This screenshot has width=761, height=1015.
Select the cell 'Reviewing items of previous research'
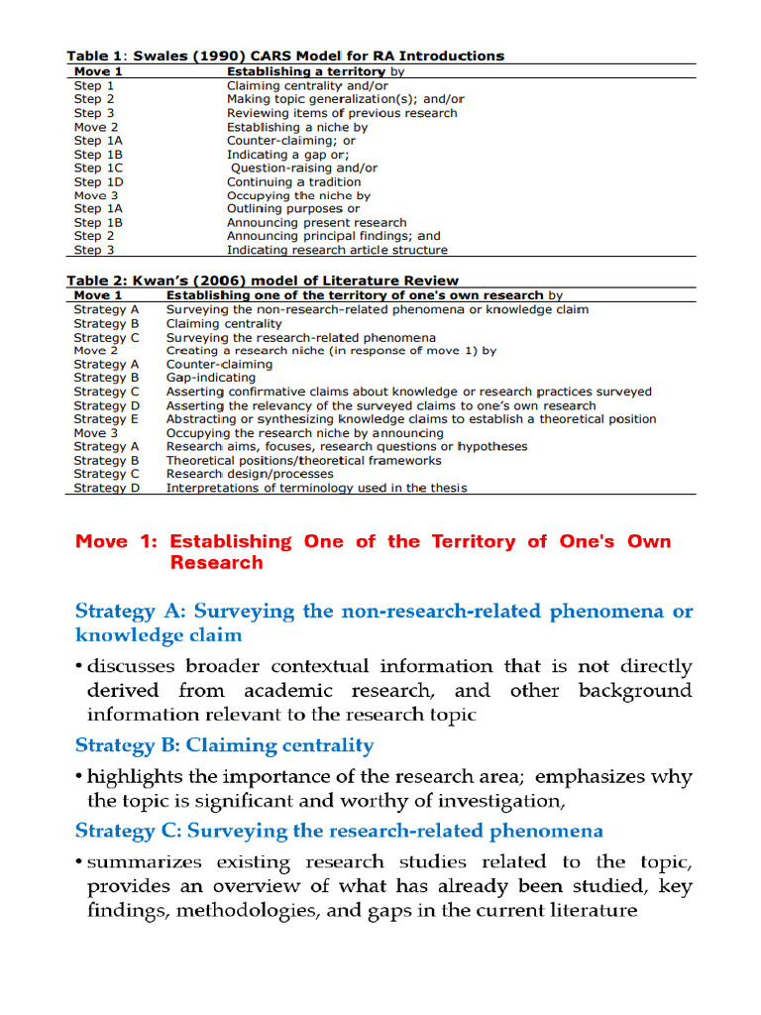pos(342,113)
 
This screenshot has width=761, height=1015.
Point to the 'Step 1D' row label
pos(99,182)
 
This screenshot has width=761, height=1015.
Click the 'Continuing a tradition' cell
pos(293,182)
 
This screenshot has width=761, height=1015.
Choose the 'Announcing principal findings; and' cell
pos(333,237)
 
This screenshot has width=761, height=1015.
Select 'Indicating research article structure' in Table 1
pos(337,251)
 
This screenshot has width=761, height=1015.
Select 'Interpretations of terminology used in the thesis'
pos(316,488)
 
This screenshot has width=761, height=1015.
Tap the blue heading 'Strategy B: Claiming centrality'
pos(224,745)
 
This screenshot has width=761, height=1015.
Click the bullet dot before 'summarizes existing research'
pos(79,862)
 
